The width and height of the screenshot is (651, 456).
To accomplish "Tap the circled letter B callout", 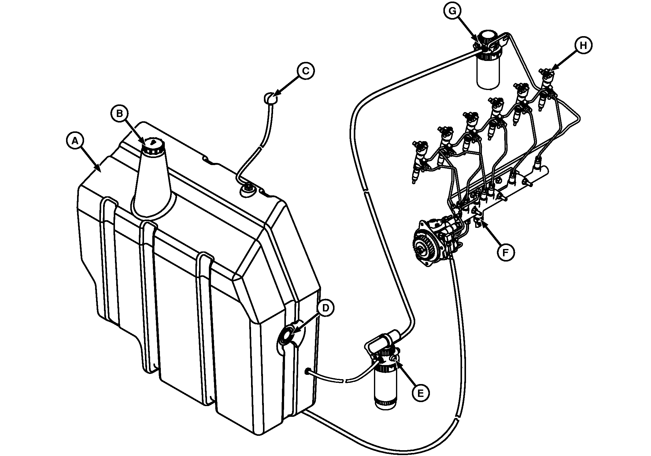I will click(x=119, y=113).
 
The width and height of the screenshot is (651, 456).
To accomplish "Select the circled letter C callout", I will click(x=305, y=71).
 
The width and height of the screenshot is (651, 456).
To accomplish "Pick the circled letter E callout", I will click(x=420, y=393).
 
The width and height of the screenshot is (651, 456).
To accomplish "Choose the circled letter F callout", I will click(x=506, y=252).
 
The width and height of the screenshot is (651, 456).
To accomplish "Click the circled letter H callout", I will click(x=583, y=46).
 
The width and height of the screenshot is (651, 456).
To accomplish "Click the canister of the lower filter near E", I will click(x=385, y=387).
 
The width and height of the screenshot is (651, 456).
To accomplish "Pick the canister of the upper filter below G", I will click(x=488, y=73).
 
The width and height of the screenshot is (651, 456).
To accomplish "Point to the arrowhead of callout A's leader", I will click(x=100, y=170).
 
